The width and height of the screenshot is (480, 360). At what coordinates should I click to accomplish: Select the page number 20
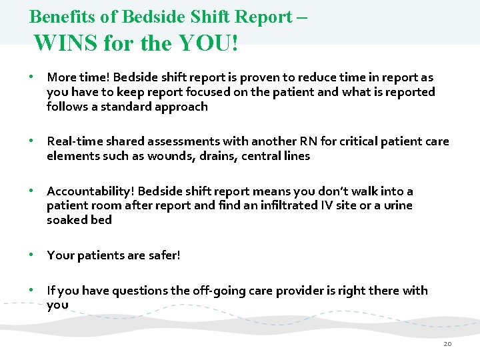(447, 343)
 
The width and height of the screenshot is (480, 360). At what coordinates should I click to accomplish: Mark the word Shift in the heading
(201, 16)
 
